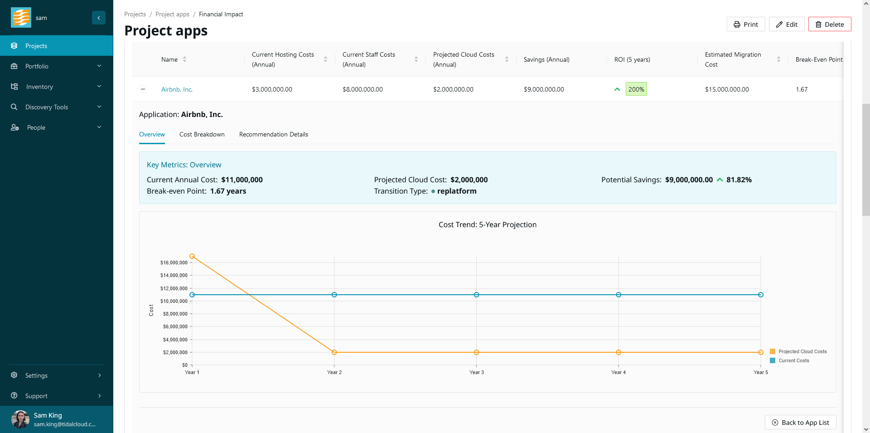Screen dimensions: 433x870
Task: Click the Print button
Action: pyautogui.click(x=745, y=24)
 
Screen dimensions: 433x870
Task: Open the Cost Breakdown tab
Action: pyautogui.click(x=202, y=135)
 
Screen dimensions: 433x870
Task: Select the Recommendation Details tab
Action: pyautogui.click(x=273, y=135)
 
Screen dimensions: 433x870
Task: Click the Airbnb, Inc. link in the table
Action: pyautogui.click(x=177, y=90)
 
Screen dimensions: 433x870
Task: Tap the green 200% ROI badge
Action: pyautogui.click(x=636, y=89)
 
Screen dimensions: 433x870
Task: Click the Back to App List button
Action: pyautogui.click(x=800, y=423)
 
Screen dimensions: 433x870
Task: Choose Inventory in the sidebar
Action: pyautogui.click(x=39, y=87)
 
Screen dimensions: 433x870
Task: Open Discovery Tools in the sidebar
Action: pyautogui.click(x=47, y=107)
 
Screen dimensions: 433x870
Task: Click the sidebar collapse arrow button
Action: pyautogui.click(x=98, y=18)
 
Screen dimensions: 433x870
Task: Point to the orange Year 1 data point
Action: pyautogui.click(x=192, y=256)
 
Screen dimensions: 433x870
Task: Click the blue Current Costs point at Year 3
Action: pyautogui.click(x=476, y=295)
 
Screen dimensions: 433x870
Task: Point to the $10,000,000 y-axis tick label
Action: pyautogui.click(x=174, y=301)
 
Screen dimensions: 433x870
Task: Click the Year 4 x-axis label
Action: pyautogui.click(x=618, y=373)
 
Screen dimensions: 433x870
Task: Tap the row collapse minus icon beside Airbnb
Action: pyautogui.click(x=143, y=89)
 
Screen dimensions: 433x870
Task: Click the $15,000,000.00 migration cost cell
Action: pyautogui.click(x=726, y=90)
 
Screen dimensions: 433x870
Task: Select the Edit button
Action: pyautogui.click(x=786, y=24)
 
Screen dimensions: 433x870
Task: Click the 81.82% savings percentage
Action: pyautogui.click(x=739, y=180)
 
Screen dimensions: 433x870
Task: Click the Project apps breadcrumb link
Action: pyautogui.click(x=172, y=15)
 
